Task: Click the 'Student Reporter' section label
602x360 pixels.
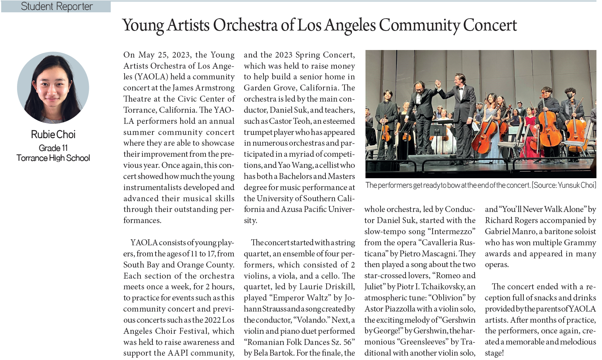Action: [x=56, y=6]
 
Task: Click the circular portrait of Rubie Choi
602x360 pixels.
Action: [x=53, y=87]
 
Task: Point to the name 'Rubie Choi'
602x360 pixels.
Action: [x=53, y=135]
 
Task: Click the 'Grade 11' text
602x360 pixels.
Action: [x=53, y=148]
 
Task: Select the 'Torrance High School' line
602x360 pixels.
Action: [x=53, y=158]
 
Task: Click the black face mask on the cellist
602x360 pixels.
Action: [x=570, y=96]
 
